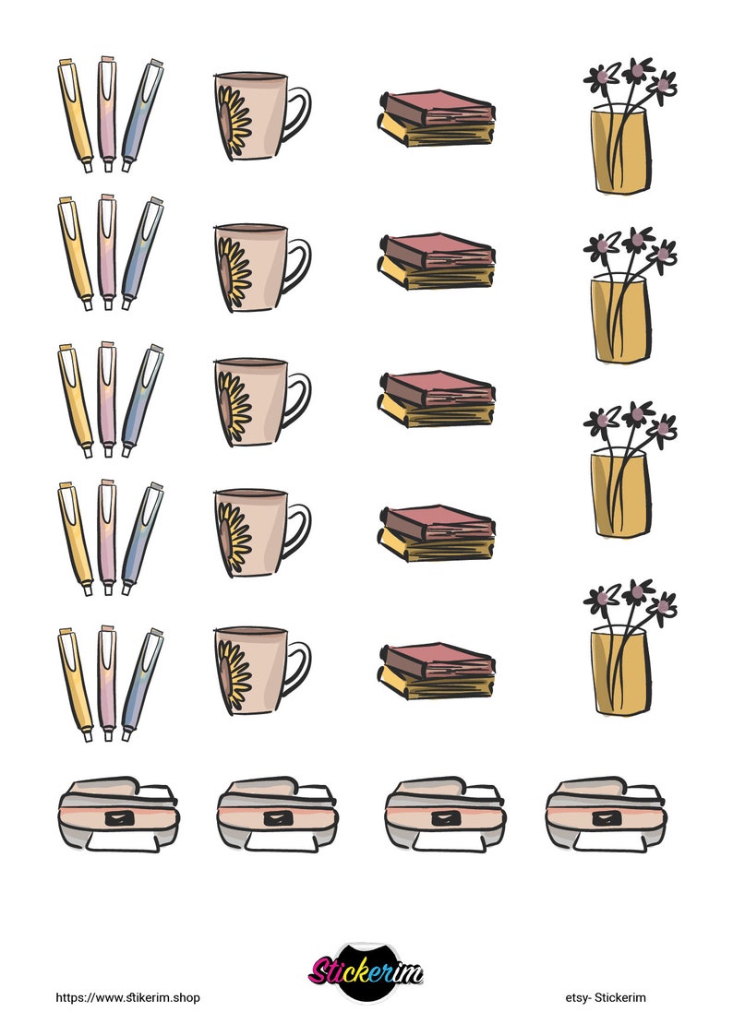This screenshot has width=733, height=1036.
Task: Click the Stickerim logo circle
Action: pos(366,971)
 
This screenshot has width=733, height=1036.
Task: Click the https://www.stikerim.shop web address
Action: pos(127,997)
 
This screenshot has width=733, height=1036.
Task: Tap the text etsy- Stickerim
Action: pos(606,997)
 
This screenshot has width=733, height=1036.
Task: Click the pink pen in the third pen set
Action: pos(107,399)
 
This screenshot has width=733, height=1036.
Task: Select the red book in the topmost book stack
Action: pos(434,107)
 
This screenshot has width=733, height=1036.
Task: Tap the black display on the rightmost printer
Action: pos(607,817)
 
